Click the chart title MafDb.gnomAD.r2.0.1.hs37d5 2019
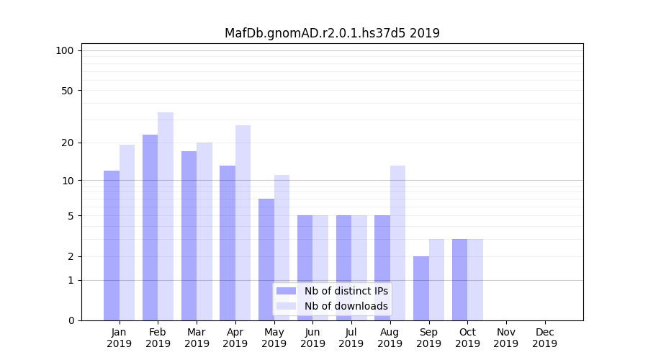pos(332,33)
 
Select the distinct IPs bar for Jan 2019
pos(112,246)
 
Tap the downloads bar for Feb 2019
pos(166,216)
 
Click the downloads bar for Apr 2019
pos(243,222)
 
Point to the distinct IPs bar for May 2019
pos(266,259)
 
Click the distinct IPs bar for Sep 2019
pos(421,288)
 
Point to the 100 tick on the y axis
pos(65,50)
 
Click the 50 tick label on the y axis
pos(67,91)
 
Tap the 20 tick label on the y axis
pos(67,143)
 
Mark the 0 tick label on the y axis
pos(70,320)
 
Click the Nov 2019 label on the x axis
pos(506,338)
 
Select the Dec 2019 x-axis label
pos(544,338)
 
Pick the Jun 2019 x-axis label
pos(312,338)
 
